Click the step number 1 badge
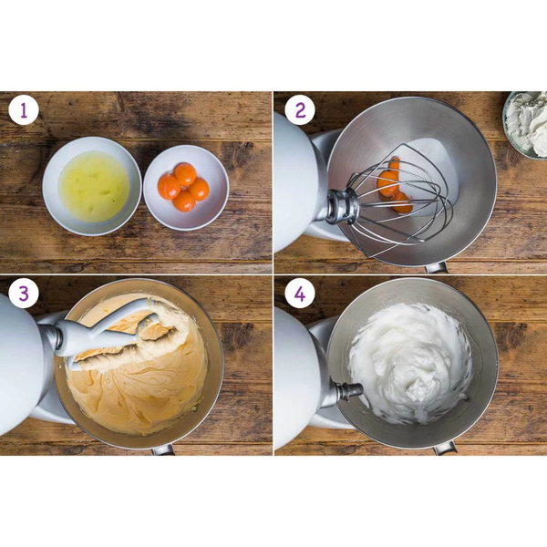pos(24,110)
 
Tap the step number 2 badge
pos(300,110)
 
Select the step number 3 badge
pos(24,294)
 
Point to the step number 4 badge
pos(300,294)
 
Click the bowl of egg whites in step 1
pos(92,186)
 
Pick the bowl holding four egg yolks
pos(186,187)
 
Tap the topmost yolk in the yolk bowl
pos(185,174)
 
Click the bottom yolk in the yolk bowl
pos(184,201)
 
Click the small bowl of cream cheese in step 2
pos(525,125)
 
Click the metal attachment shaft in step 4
pos(349,390)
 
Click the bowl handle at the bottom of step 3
pos(163,450)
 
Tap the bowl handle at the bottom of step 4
pos(445,449)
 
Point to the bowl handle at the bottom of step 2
pos(436,267)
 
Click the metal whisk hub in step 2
pos(342,207)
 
